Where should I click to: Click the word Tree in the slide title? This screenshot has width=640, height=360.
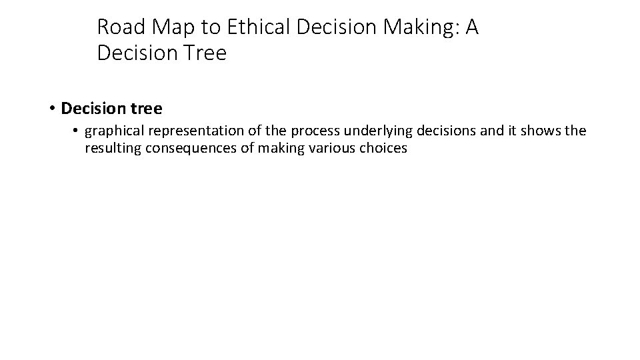click(203, 53)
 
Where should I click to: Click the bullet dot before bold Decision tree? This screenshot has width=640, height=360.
click(51, 108)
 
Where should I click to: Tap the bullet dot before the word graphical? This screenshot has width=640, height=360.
click(77, 131)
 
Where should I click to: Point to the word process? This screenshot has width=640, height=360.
click(309, 131)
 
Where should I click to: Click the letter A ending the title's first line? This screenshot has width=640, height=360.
click(471, 27)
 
